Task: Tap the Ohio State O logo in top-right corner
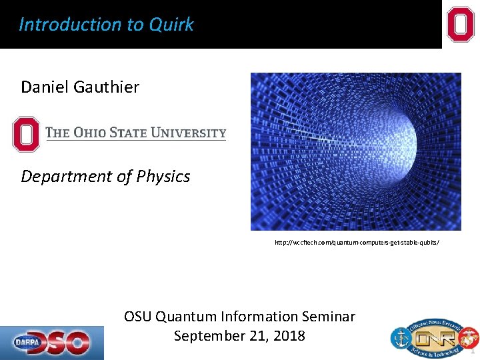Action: pyautogui.click(x=461, y=25)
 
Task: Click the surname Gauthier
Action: pyautogui.click(x=107, y=87)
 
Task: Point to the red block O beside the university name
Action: pyautogui.click(x=27, y=133)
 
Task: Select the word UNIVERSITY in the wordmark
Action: pyautogui.click(x=189, y=133)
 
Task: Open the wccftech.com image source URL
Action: pyautogui.click(x=357, y=243)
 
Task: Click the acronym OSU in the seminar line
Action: pyautogui.click(x=138, y=317)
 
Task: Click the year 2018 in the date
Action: pyautogui.click(x=289, y=336)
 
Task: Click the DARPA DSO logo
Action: pyautogui.click(x=52, y=343)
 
